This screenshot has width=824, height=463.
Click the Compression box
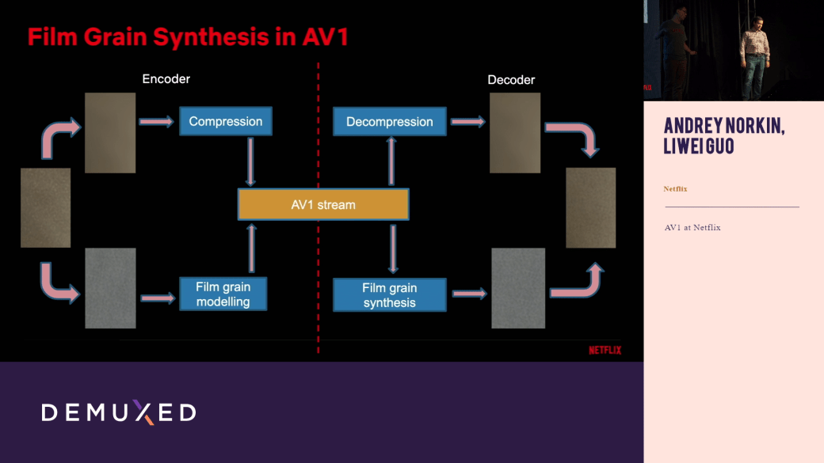point(226,121)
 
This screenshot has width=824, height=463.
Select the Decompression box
point(389,122)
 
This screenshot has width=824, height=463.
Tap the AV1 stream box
point(323,204)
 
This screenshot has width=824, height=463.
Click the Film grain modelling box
point(223,294)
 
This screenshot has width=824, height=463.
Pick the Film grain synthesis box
point(390,294)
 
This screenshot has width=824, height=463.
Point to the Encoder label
point(166,79)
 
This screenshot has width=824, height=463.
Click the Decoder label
point(511,80)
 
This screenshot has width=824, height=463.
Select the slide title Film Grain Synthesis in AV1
point(189,36)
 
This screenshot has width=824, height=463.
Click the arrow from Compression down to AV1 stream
point(251,161)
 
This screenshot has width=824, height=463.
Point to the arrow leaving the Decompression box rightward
point(467,122)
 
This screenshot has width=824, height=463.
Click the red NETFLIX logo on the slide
point(605,350)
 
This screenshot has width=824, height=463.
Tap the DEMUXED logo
point(119,412)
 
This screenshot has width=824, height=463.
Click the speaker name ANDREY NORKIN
point(724,127)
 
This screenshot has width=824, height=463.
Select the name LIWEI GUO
point(699,147)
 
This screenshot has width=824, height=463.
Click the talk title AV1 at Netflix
point(692,228)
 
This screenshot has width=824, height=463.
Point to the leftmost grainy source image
point(46,208)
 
